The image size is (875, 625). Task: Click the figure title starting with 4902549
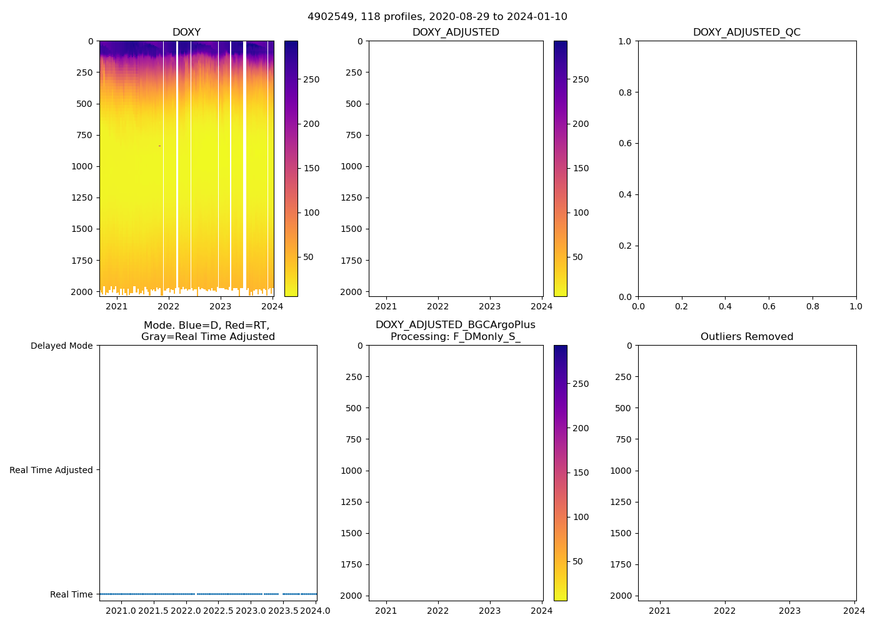[437, 17]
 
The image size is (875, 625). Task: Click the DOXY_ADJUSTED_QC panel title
[746, 32]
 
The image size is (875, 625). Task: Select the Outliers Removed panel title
[746, 337]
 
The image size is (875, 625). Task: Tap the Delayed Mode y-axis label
[61, 346]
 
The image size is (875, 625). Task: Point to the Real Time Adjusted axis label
[51, 470]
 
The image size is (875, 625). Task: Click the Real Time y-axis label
[71, 594]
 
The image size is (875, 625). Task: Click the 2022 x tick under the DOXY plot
[168, 306]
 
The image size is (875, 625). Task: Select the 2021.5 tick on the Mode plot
[153, 611]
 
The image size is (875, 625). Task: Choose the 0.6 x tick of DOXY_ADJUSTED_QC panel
[768, 306]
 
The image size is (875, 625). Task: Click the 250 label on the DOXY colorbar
[311, 80]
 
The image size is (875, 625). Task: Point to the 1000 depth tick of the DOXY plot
[82, 166]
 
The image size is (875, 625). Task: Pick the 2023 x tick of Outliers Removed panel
[789, 611]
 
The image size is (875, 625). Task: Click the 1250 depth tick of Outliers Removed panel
[621, 502]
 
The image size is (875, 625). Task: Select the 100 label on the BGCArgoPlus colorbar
[581, 517]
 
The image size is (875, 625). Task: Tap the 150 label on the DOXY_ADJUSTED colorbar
[581, 168]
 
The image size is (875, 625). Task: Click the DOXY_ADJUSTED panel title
[456, 32]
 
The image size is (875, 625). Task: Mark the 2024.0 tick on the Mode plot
[315, 611]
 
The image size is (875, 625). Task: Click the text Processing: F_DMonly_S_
[455, 337]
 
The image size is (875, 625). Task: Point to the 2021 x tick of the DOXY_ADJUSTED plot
[386, 306]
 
